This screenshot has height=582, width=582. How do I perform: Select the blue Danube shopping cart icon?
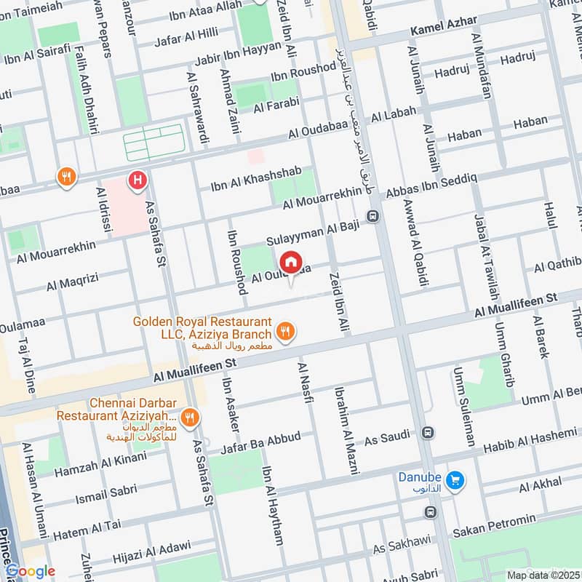point(456,480)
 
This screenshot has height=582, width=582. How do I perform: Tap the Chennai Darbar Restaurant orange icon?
point(189,418)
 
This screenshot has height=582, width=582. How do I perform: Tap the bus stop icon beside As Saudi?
point(430,433)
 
